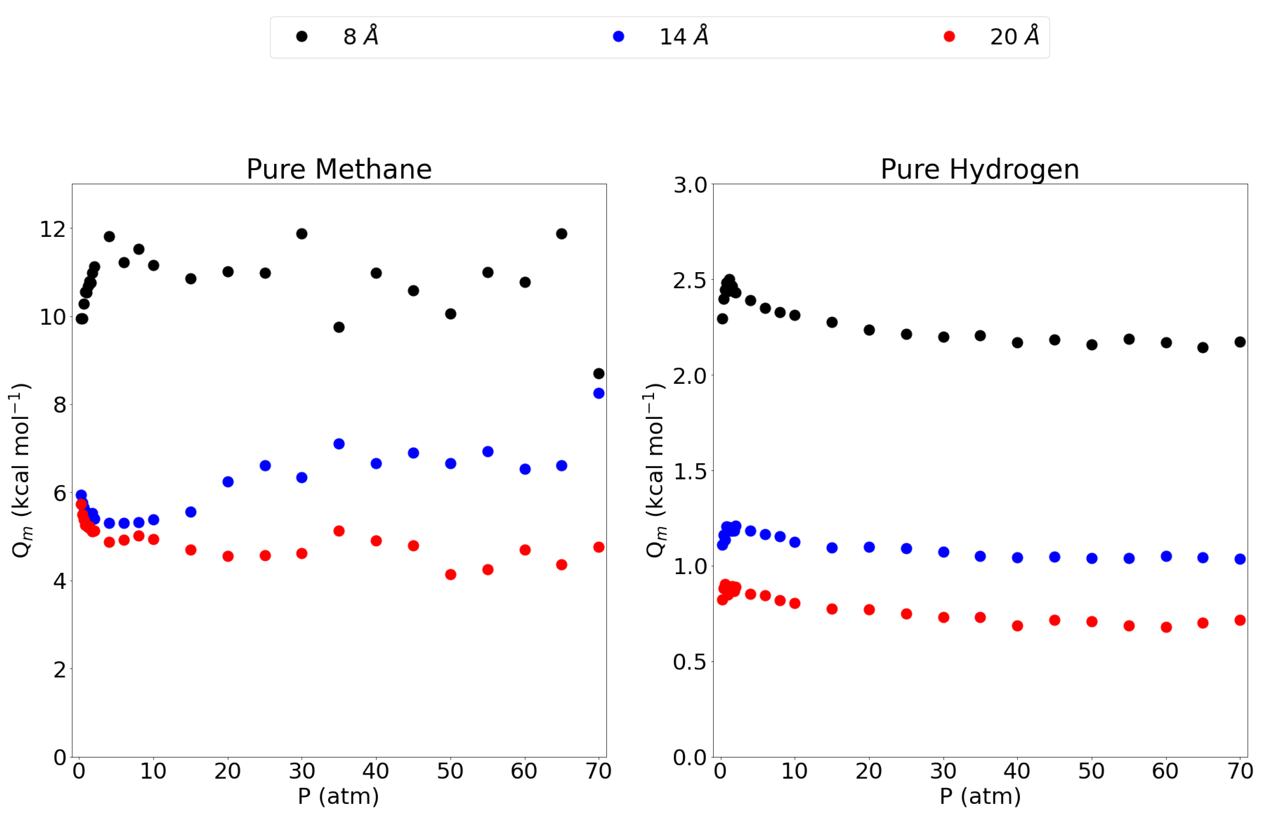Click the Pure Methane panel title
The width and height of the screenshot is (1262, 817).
(339, 169)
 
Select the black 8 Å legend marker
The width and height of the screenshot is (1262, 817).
(302, 37)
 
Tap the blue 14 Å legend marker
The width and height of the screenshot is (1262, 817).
(618, 37)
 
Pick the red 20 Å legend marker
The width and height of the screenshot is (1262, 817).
(949, 37)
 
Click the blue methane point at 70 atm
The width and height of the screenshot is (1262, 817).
(598, 393)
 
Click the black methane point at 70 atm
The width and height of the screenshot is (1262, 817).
(598, 373)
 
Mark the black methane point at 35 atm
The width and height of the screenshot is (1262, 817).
(339, 327)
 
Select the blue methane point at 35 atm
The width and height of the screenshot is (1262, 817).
(339, 444)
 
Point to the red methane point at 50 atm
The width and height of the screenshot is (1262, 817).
(451, 574)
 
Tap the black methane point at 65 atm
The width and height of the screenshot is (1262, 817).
(561, 234)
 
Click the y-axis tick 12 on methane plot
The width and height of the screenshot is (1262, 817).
(53, 229)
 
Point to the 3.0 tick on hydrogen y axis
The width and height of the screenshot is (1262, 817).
(690, 185)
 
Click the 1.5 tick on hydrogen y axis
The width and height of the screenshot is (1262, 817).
(690, 471)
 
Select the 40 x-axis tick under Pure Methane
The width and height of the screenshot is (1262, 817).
(376, 771)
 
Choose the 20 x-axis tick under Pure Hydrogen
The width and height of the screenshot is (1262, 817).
(868, 771)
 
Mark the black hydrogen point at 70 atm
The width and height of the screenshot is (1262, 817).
(1240, 342)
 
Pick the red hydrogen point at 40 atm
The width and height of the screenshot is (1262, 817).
(1017, 626)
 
